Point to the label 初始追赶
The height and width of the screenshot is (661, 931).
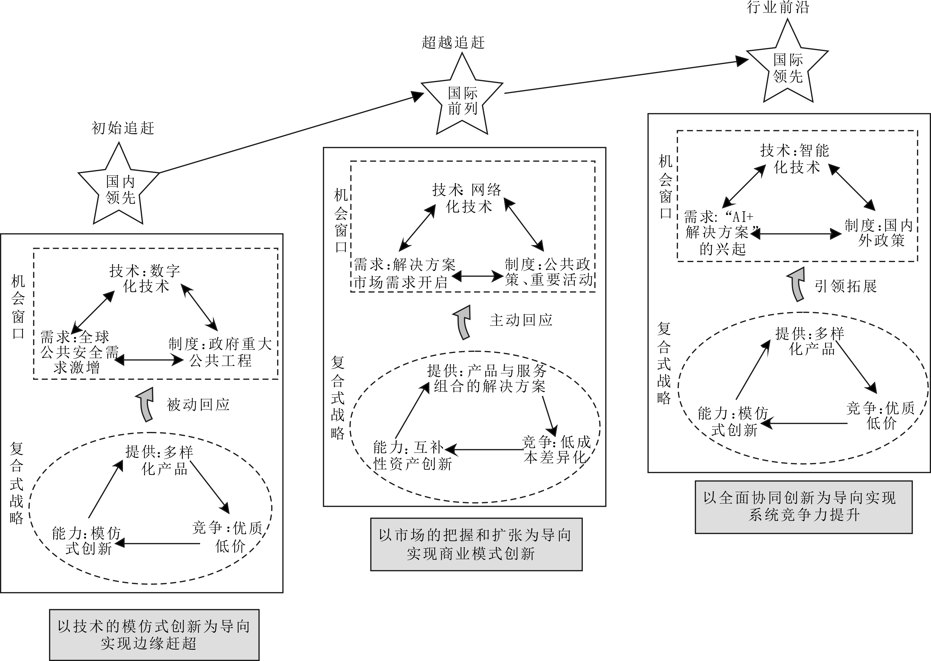123,128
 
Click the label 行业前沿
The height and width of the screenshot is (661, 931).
778,7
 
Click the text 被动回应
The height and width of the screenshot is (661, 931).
198,404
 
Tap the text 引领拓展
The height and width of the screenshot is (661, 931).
846,286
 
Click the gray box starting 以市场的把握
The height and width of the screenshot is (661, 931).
476,544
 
